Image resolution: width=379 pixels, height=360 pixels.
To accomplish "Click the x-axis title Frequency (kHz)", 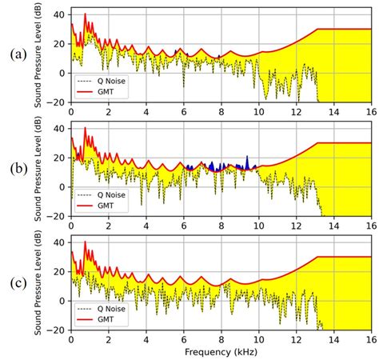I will pos(221,351).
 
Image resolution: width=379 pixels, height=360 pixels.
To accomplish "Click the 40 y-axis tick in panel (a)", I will pos(61,14).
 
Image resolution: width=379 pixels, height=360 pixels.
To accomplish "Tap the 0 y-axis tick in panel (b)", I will pos(64,187).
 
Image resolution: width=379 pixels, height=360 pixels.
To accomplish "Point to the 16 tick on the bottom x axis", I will pos(371,339).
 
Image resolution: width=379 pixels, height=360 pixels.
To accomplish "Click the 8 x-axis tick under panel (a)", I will pos(221,110).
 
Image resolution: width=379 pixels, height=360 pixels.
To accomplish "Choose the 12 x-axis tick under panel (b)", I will pos(296,225).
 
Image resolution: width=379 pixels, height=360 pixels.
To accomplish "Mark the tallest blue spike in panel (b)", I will pos(247,158).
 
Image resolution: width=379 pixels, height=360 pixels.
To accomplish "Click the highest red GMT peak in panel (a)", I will pos(85,14).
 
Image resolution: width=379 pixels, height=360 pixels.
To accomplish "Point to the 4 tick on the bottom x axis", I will pos(146,339).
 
